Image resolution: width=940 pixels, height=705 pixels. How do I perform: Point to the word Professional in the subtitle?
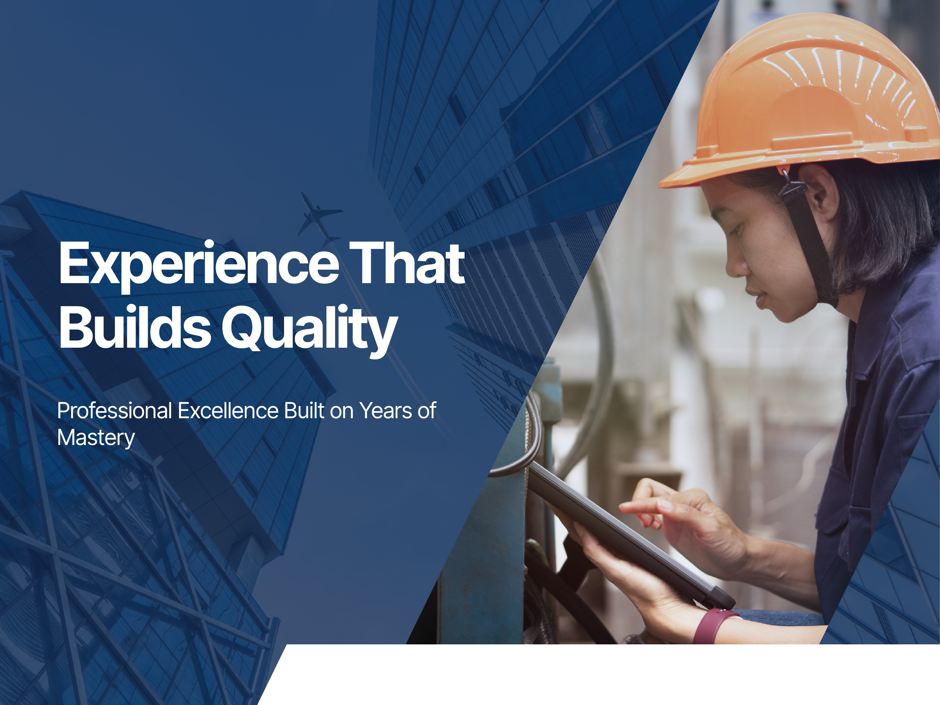115,411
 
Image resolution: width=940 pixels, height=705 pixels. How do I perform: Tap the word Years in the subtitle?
385,411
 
